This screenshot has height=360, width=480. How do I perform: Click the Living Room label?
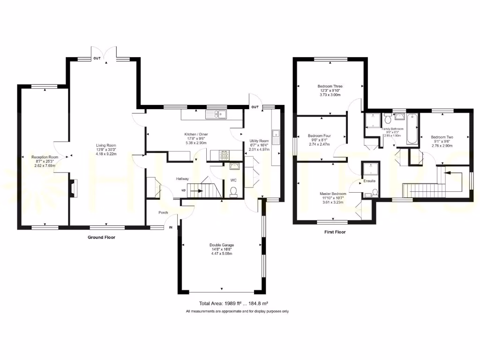coord(105,145)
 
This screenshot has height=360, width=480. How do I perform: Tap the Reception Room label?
coord(45,157)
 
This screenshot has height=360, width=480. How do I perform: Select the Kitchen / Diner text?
coord(196,135)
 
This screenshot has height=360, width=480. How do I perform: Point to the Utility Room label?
coord(259,141)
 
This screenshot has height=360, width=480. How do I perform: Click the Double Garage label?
coord(221,245)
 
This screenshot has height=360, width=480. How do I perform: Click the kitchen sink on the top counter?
coord(218,113)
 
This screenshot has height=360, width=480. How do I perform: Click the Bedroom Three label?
coord(330,86)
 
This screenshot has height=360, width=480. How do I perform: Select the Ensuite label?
coord(369,181)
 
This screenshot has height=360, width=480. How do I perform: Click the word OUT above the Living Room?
coord(97,58)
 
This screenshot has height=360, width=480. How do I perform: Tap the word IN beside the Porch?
coord(170,227)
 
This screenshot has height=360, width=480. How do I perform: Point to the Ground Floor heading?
coord(101,238)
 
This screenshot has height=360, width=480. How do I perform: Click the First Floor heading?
coord(335,232)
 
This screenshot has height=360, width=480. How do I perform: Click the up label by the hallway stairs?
coord(183,190)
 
